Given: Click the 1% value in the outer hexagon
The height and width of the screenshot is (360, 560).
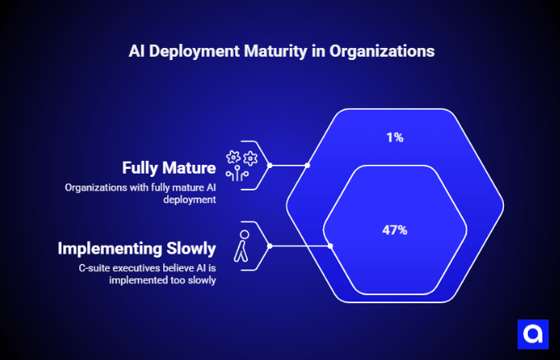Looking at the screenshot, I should click(x=394, y=138).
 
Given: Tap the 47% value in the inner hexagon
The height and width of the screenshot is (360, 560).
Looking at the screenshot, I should click(x=394, y=230).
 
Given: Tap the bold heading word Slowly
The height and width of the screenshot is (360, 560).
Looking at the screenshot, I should click(x=185, y=248).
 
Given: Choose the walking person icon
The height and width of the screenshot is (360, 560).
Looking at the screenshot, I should click(x=242, y=246).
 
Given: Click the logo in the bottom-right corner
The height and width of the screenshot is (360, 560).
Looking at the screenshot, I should click(x=531, y=333).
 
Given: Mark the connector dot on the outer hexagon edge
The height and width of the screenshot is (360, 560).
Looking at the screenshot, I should click(x=309, y=166).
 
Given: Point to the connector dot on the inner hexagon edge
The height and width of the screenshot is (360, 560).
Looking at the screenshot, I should click(x=330, y=246).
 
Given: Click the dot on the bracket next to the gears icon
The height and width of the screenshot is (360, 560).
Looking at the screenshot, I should click(x=270, y=166).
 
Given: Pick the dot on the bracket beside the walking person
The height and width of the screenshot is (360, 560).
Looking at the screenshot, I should click(x=270, y=246).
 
